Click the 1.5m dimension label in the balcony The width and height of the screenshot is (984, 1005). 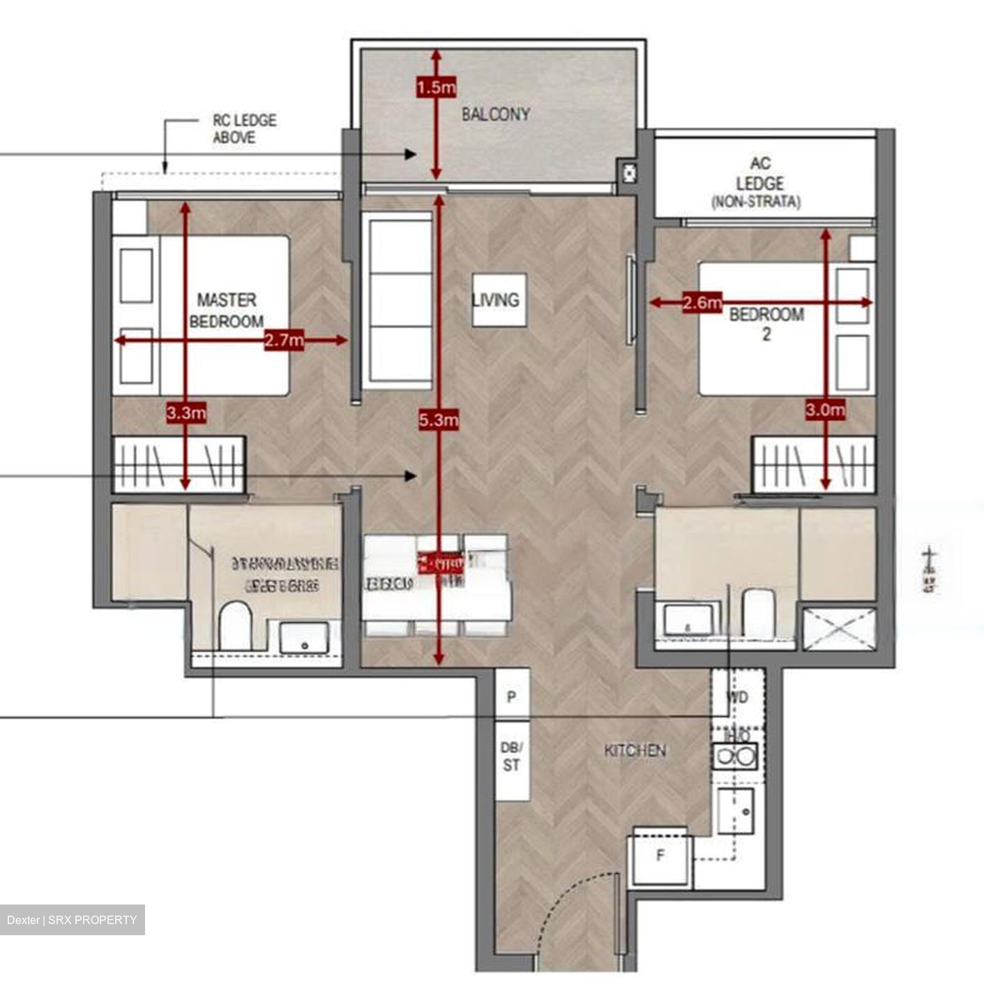coord(435,89)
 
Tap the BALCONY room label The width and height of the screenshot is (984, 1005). coord(496,114)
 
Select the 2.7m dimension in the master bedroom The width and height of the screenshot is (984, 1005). coord(285,341)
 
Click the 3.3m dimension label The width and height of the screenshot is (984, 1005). coord(186,412)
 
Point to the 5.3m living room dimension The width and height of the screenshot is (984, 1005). coord(439,419)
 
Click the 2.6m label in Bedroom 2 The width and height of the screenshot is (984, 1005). coord(702,303)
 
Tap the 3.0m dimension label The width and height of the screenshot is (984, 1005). coord(825,410)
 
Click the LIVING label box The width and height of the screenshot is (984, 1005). coord(496,299)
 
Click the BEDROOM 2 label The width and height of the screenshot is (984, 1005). coord(766,323)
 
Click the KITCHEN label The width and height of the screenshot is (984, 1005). coord(635,751)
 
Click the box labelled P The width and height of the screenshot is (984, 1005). coord(511,697)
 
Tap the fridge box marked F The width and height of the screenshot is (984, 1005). coord(660,856)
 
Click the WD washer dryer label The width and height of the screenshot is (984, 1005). coord(737,697)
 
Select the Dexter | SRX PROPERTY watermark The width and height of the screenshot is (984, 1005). coord(73,920)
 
